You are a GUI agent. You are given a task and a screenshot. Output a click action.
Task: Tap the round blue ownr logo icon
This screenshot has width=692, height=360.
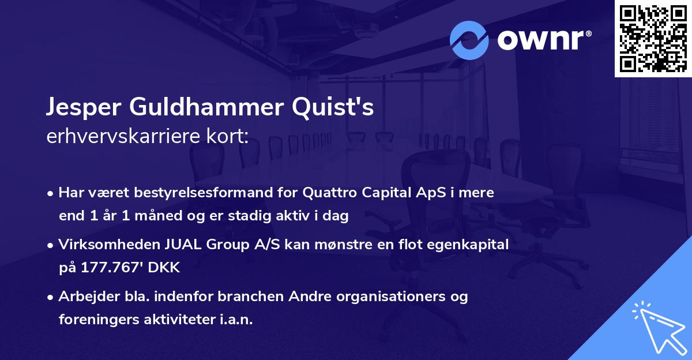click(469, 40)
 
